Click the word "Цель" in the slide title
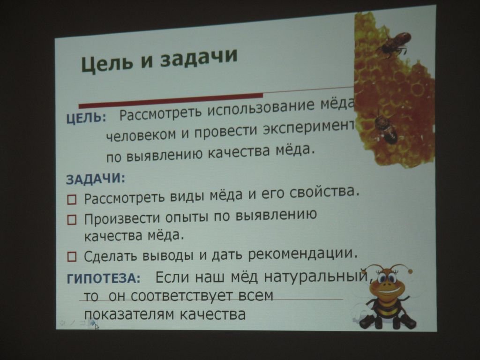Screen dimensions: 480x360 (x=107, y=63)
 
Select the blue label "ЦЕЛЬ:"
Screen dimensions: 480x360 (x=86, y=118)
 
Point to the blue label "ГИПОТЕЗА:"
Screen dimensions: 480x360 (x=104, y=278)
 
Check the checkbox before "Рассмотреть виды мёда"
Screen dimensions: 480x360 (x=72, y=200)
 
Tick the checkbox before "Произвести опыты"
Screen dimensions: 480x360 (x=72, y=220)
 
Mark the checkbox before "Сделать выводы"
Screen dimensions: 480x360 (x=72, y=256)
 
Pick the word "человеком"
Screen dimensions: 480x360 (x=141, y=135)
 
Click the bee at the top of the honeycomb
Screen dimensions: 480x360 (x=394, y=45)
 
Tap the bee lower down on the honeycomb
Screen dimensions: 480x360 (x=385, y=127)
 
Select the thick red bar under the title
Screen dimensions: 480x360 (x=171, y=100)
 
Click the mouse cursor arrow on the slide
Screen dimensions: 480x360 (x=97, y=327)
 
